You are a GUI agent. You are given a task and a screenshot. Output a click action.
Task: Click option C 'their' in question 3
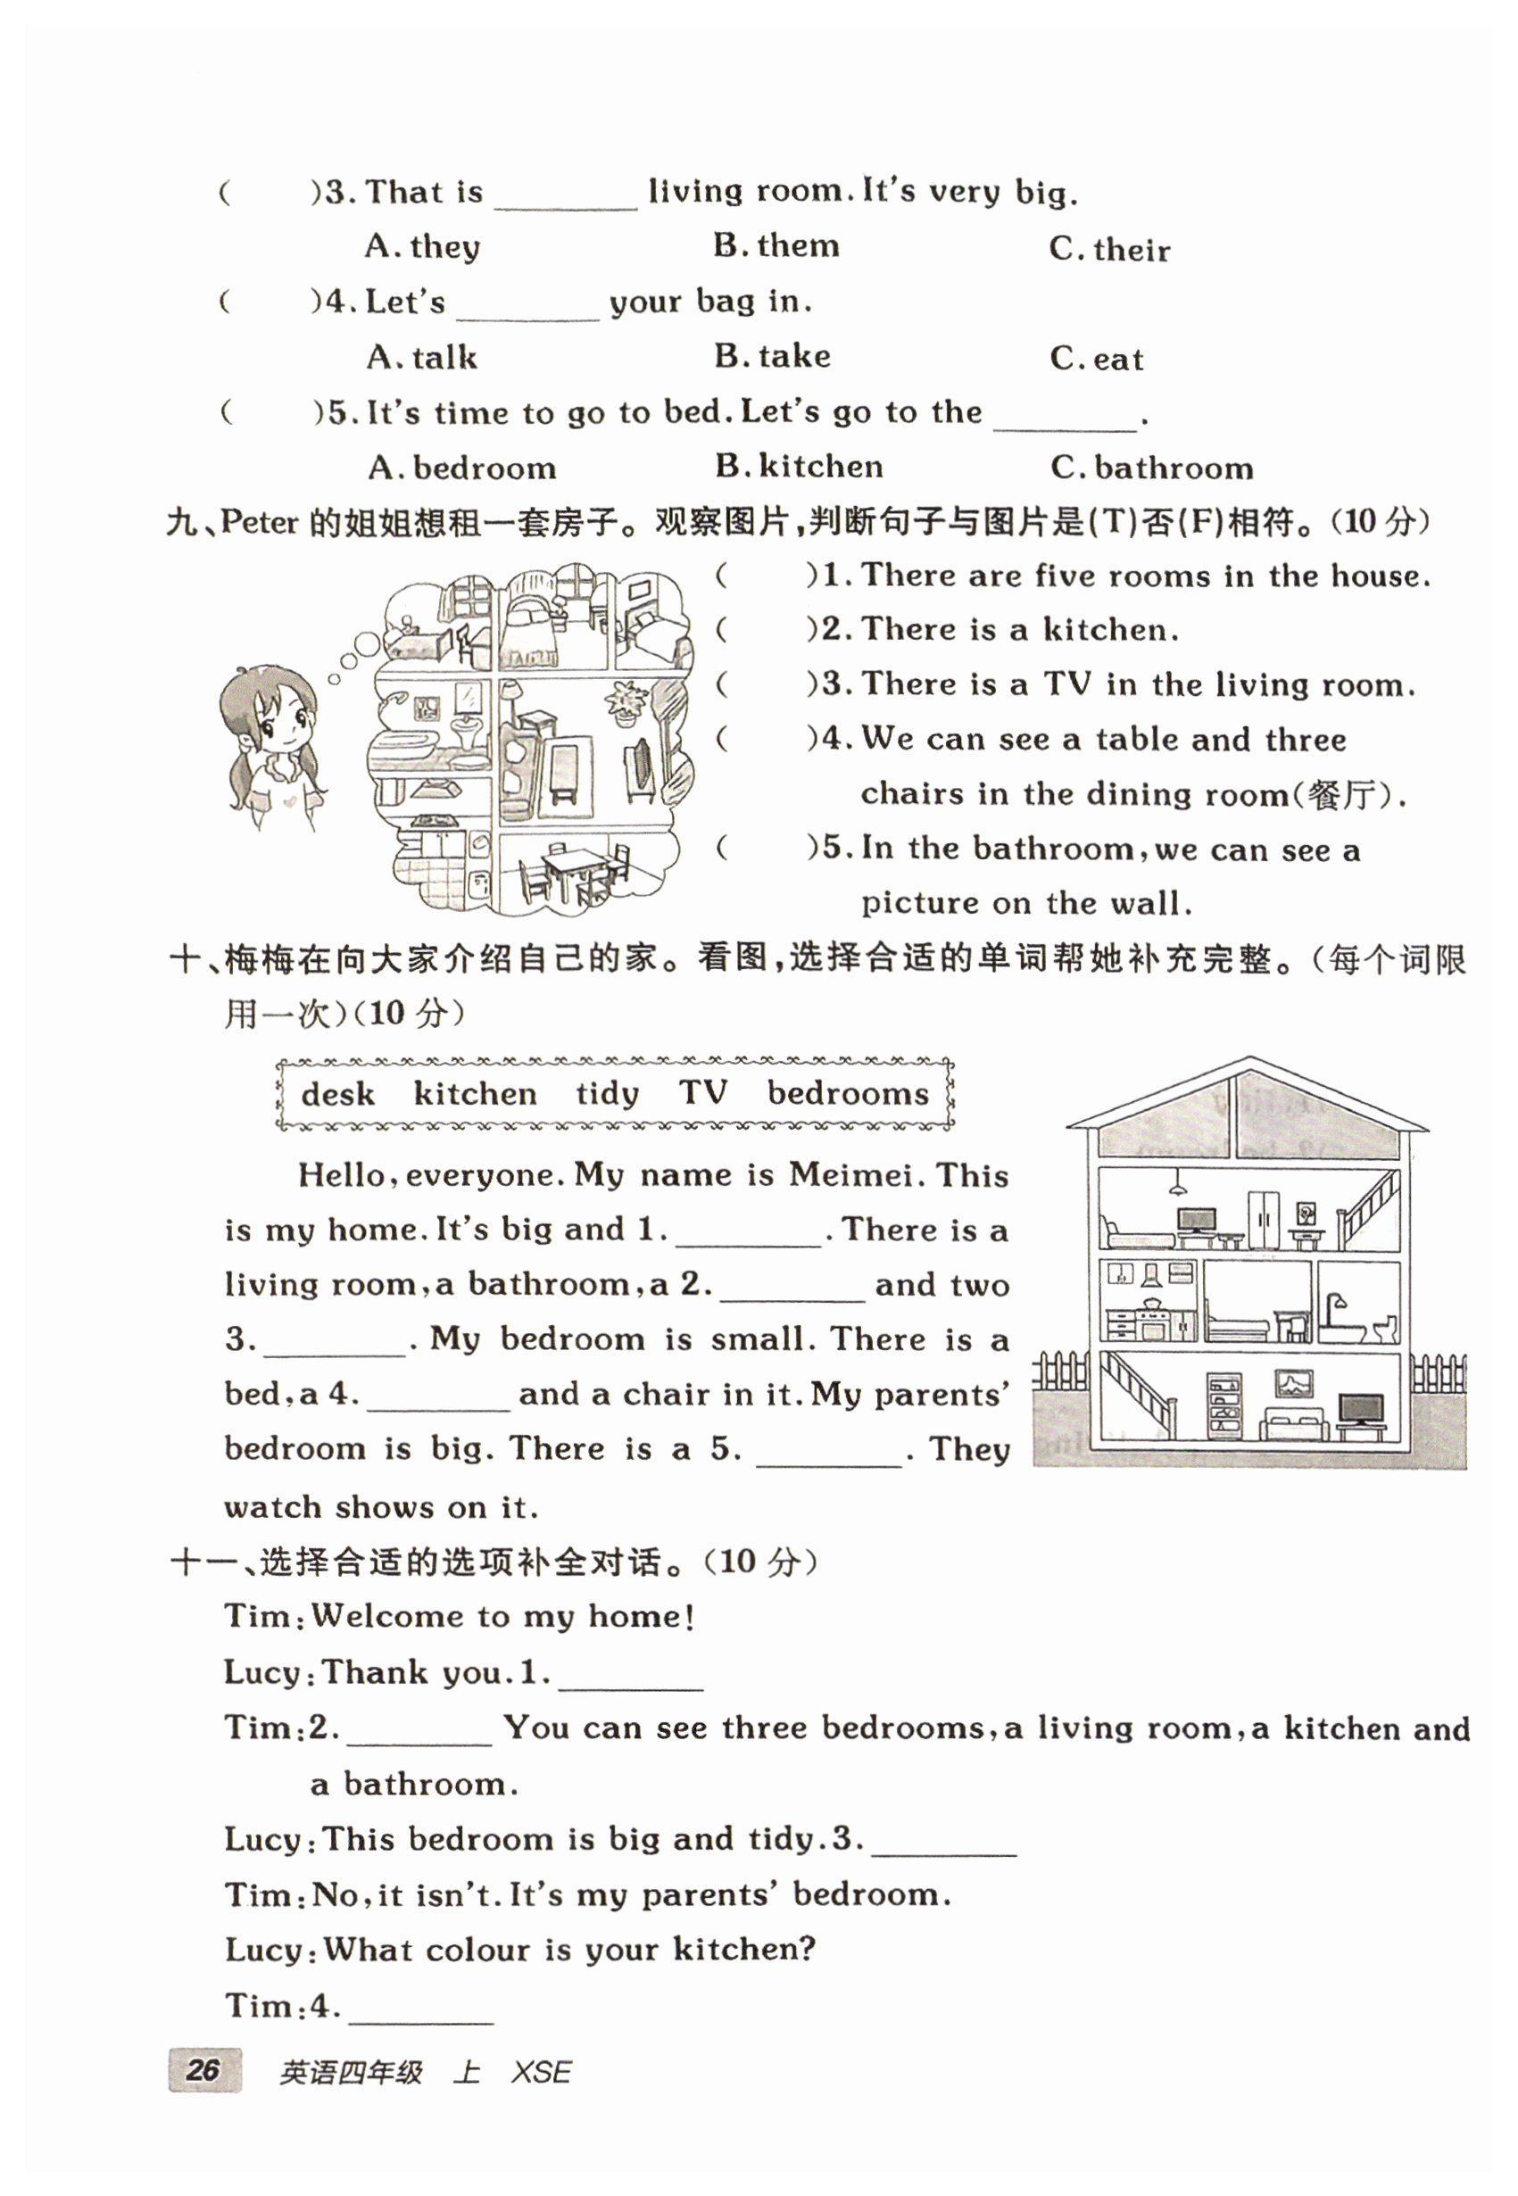tap(1110, 249)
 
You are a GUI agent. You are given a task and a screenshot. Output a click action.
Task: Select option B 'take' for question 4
tap(772, 357)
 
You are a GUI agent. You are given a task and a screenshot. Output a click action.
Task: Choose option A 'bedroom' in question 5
tap(462, 468)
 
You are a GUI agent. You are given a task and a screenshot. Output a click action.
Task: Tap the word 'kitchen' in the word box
tap(475, 1094)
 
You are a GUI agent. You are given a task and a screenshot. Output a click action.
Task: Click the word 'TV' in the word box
tap(702, 1092)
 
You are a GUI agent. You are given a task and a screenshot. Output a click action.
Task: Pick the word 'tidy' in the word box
tap(607, 1094)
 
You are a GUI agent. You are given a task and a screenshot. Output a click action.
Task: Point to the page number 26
tap(203, 2069)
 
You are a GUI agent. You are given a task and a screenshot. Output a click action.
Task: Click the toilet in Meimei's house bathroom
tap(1385, 1326)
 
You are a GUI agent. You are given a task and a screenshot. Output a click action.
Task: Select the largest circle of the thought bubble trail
tap(367, 645)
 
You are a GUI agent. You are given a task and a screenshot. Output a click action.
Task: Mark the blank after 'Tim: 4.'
tap(421, 2009)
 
